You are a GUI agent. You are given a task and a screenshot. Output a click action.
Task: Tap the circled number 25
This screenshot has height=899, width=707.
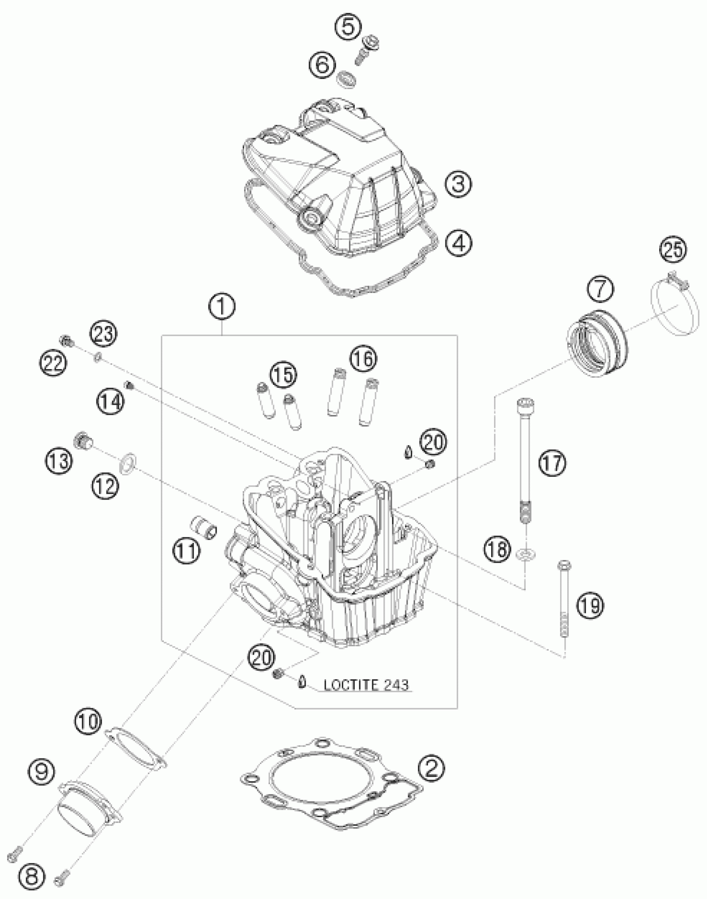click(673, 250)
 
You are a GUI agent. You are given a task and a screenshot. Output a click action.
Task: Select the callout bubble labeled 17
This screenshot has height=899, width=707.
click(553, 463)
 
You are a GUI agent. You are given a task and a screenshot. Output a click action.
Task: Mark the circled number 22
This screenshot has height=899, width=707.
click(53, 363)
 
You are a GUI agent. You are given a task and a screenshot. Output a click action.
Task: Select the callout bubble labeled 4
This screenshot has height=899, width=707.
click(458, 242)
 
